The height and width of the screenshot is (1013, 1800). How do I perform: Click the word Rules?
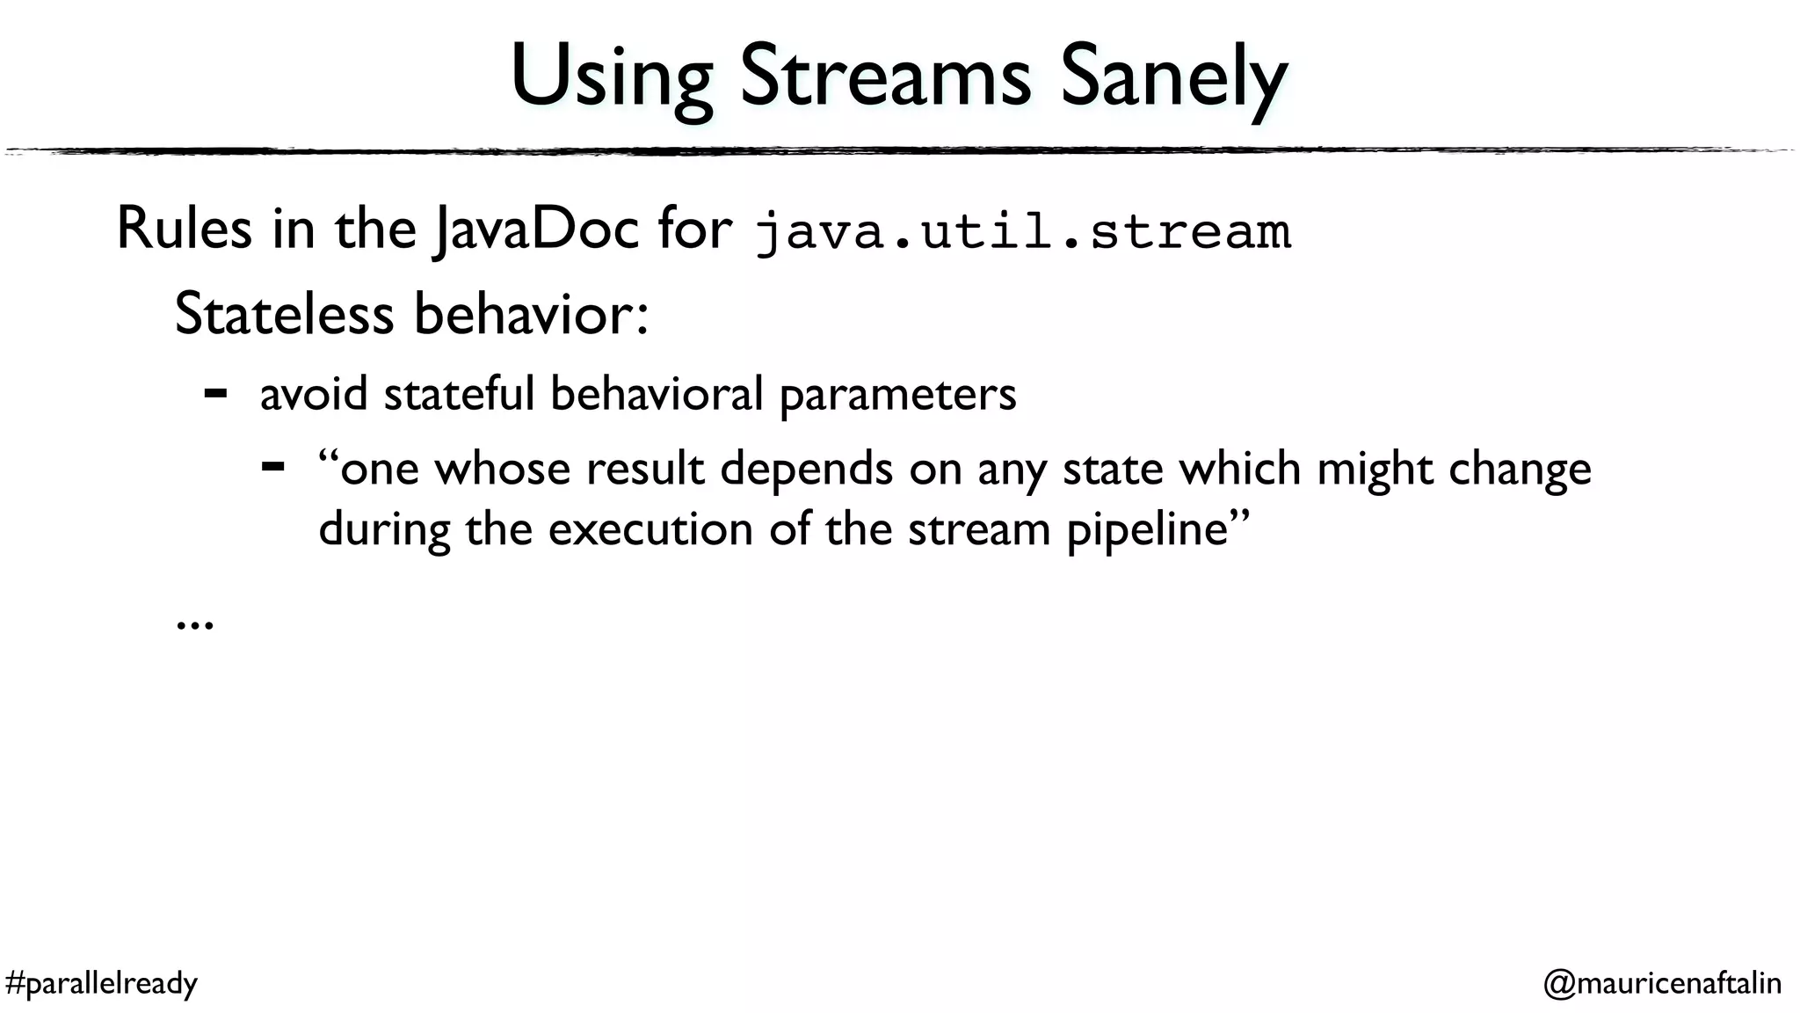[184, 230]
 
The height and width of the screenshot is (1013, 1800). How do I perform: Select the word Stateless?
[284, 314]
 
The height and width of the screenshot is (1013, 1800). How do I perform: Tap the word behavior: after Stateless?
[531, 314]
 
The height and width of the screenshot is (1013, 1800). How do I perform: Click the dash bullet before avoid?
[215, 392]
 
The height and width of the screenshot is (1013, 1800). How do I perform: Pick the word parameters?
[897, 394]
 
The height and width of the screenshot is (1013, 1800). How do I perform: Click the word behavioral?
[657, 393]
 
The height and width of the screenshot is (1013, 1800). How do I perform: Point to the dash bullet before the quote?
[272, 466]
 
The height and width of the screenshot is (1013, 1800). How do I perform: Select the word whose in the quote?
[503, 468]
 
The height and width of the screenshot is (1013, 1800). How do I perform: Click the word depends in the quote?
[806, 468]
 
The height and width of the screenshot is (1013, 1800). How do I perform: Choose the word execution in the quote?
[650, 529]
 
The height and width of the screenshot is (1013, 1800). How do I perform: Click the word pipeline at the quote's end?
[1147, 530]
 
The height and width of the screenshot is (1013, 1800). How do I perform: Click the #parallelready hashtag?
[101, 982]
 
